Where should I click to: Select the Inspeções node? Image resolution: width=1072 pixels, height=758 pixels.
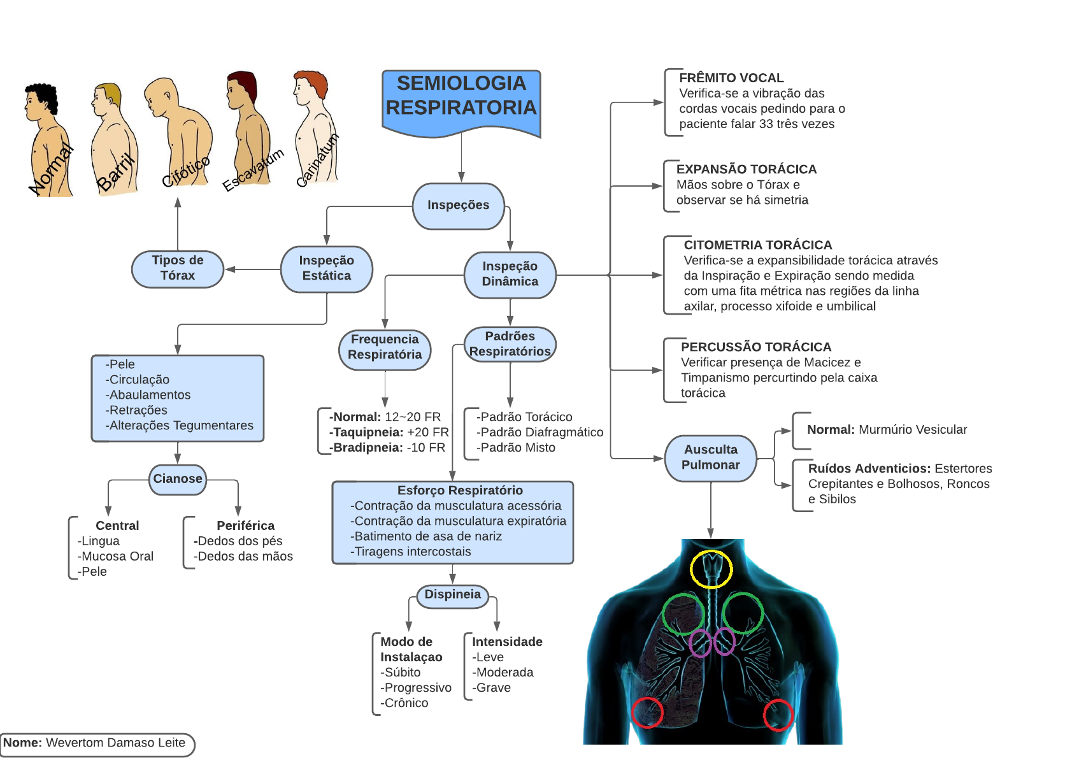point(459,205)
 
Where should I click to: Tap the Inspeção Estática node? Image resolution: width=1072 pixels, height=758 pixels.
point(327,268)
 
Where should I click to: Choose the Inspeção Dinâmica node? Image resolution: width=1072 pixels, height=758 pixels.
point(510,274)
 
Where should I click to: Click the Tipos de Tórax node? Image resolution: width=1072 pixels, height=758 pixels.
point(178,268)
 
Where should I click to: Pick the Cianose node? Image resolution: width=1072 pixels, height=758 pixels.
point(178,479)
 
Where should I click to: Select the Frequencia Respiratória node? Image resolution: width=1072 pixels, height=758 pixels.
point(385,347)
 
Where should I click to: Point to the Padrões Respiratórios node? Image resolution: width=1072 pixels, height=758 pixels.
point(510,344)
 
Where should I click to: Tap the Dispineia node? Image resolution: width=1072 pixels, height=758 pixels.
point(453,595)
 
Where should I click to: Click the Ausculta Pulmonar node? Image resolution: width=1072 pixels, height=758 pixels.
point(711,457)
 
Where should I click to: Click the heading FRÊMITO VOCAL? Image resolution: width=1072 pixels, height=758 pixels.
point(731,78)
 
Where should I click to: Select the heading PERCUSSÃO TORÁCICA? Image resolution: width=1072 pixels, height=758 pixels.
point(756,347)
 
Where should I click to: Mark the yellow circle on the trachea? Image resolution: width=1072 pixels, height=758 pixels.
point(711,569)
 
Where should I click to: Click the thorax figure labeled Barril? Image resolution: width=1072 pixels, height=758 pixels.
point(113,140)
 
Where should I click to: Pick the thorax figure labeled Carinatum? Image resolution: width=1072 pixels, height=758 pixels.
point(314,131)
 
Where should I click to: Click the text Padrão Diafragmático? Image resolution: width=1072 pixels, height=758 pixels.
point(541,433)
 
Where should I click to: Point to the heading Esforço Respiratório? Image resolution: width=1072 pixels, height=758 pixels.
point(460,490)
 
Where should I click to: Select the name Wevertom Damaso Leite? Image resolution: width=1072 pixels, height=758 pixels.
point(115,743)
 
